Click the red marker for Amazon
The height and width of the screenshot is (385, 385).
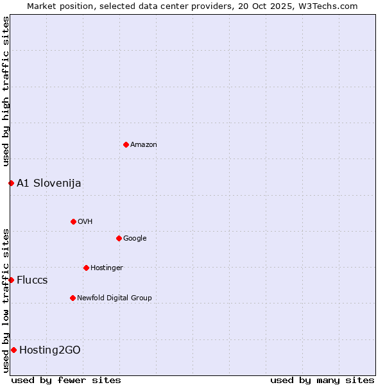(x=126, y=144)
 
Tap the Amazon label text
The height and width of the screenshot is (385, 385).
(x=144, y=145)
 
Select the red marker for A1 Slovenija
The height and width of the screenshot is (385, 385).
(x=11, y=183)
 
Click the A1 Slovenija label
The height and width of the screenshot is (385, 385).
(x=49, y=184)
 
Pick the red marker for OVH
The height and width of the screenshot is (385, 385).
(x=73, y=221)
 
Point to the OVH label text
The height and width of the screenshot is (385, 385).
(x=85, y=222)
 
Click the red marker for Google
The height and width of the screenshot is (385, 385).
(x=119, y=238)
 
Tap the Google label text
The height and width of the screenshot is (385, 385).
(x=135, y=239)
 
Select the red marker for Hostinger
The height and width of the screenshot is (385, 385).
(x=86, y=268)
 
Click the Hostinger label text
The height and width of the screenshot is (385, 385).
(x=107, y=268)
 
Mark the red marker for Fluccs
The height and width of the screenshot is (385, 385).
(x=11, y=280)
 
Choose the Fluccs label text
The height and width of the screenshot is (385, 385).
(x=32, y=280)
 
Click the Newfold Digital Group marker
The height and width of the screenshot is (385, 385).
(x=73, y=298)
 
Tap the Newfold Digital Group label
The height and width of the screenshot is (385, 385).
(x=114, y=298)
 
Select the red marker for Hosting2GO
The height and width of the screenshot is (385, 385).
(x=13, y=350)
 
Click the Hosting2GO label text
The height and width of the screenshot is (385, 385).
(x=50, y=350)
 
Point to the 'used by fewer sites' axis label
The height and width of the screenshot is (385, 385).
(x=66, y=380)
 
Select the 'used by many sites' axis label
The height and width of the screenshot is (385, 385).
(x=322, y=380)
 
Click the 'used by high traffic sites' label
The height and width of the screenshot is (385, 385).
(x=6, y=91)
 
